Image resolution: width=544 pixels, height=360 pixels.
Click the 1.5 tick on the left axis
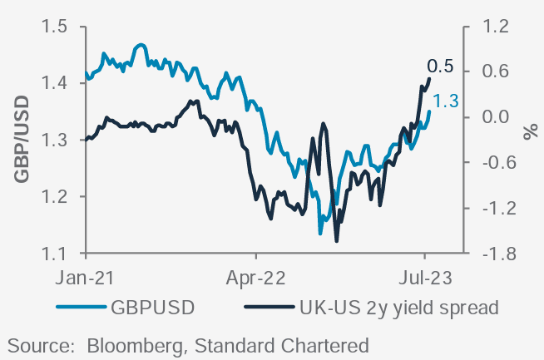[x=55, y=27]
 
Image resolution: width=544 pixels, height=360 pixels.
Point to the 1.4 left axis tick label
[x=55, y=83]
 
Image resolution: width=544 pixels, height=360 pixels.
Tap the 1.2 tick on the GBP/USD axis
[x=55, y=197]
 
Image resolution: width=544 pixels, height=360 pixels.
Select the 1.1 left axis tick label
[x=55, y=254]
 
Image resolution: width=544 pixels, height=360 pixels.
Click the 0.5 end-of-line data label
[x=440, y=66]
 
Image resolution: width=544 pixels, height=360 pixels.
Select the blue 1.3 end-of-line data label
[x=447, y=102]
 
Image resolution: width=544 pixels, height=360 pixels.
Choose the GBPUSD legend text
[x=153, y=308]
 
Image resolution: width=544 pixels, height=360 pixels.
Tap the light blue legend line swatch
[x=81, y=308]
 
